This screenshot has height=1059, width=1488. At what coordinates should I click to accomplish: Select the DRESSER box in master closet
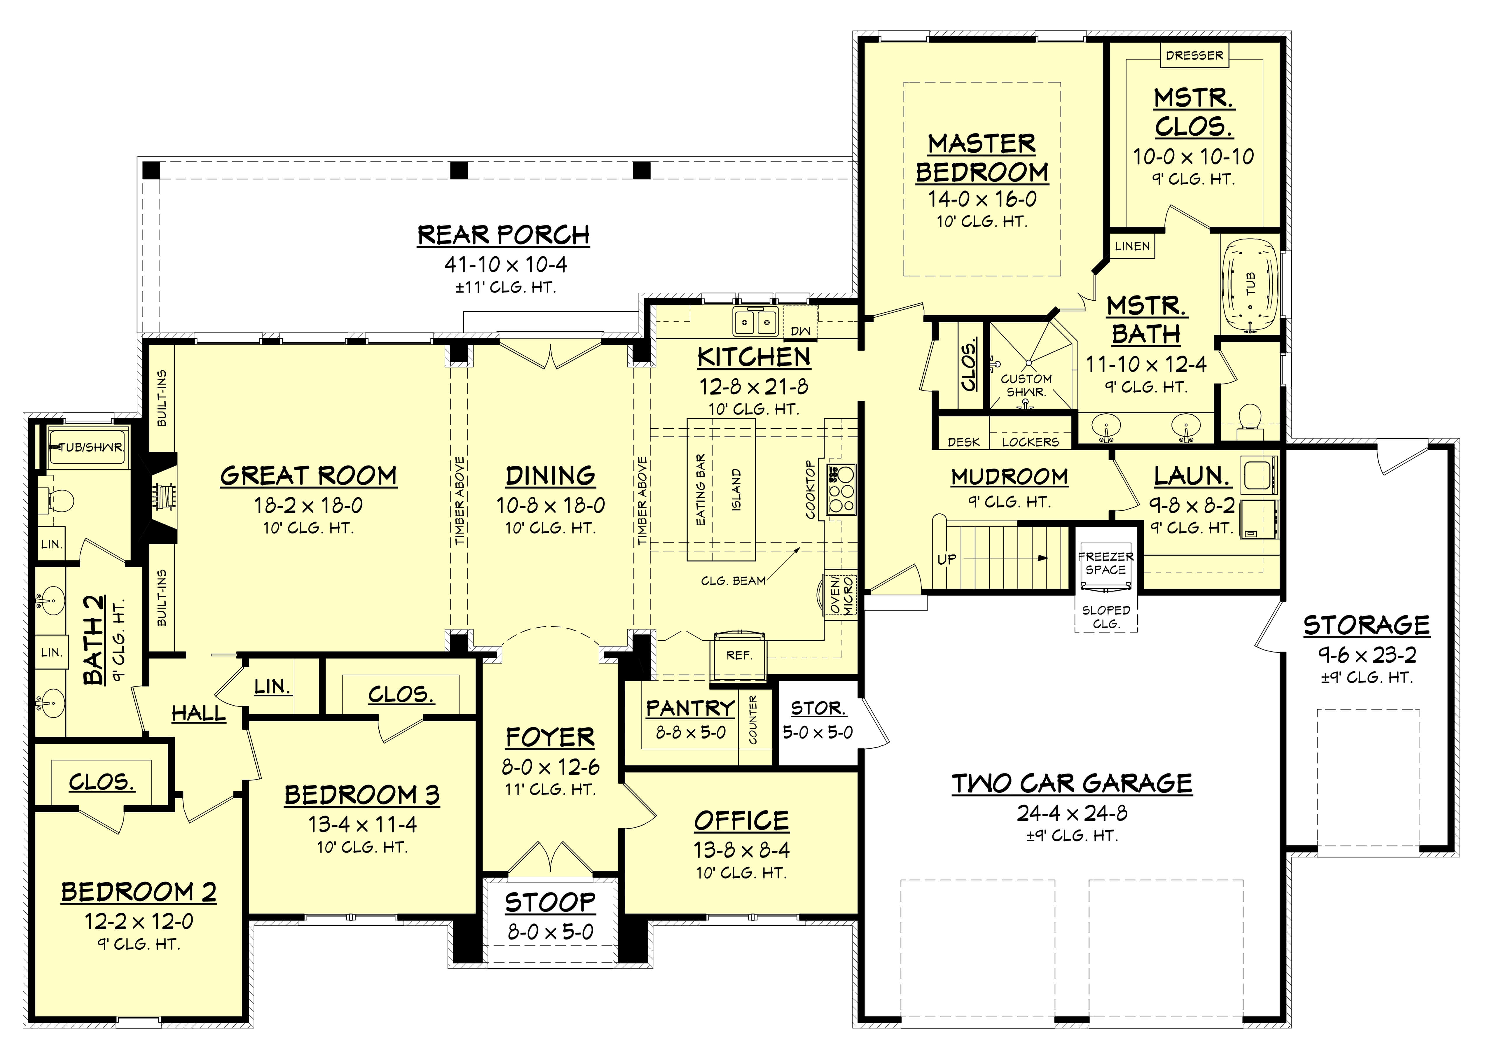tap(1194, 55)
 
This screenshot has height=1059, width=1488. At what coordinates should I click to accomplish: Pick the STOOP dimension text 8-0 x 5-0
tap(551, 932)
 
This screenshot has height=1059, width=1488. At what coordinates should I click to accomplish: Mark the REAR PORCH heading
tap(504, 235)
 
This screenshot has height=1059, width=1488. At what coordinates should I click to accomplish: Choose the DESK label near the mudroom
tap(963, 442)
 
